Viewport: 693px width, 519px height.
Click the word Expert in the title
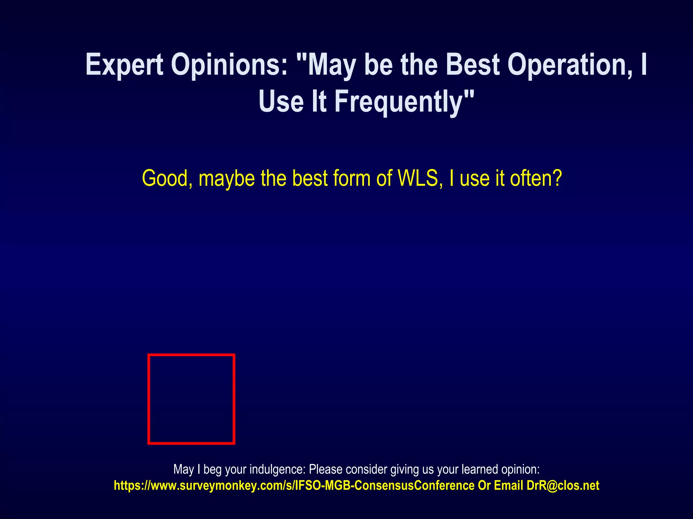[x=125, y=65]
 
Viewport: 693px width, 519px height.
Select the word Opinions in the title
[x=230, y=65]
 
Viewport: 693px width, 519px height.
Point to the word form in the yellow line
[x=352, y=178]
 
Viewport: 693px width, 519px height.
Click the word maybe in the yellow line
[x=226, y=179]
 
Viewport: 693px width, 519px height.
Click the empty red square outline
[x=191, y=399]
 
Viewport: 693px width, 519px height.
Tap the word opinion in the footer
[x=520, y=470]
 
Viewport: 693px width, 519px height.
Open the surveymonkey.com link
[x=294, y=486]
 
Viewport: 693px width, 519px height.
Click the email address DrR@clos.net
[x=563, y=486]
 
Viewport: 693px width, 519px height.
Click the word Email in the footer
[x=508, y=486]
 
